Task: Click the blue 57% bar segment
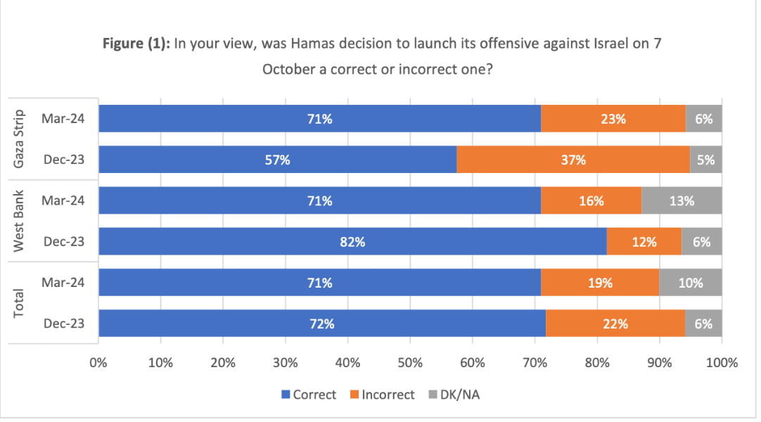(277, 160)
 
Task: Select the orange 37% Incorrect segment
(573, 160)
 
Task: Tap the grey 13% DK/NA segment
(682, 200)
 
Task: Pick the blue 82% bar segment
(352, 242)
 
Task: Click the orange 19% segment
(600, 283)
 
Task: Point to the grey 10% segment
(691, 283)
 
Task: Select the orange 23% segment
(613, 119)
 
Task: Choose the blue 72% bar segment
(322, 324)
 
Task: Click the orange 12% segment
(644, 242)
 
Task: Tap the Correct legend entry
(309, 395)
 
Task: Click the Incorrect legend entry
(382, 395)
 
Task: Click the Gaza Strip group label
(20, 139)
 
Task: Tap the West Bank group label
(20, 221)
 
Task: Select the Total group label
(20, 303)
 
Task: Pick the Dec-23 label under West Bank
(63, 242)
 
